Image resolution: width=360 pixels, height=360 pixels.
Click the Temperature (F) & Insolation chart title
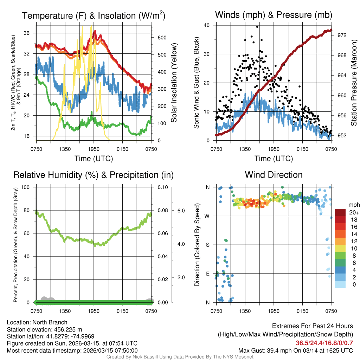pos(94,16)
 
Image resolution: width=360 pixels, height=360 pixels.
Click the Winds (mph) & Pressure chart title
pos(274,15)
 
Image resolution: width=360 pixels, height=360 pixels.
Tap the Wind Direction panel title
pos(274,175)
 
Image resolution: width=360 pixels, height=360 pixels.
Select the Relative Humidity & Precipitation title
pos(94,175)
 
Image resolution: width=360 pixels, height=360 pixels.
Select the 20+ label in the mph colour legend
pos(353,212)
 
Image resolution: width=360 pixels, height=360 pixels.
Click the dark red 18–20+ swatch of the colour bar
pos(340,212)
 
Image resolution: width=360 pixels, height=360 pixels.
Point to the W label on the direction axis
pos(207,216)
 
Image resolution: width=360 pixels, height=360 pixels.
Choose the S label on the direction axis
pos(207,245)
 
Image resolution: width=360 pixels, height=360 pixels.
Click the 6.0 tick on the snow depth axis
pos(181,211)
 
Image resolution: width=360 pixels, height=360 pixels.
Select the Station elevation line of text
pos(44,329)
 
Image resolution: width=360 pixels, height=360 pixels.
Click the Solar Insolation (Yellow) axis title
pos(174,83)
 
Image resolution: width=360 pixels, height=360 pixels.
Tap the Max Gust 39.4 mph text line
pos(295,350)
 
